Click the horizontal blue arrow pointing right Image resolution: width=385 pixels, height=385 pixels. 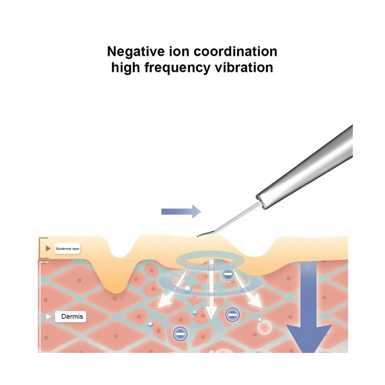click(x=181, y=211)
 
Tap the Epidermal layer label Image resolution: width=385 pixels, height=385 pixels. click(x=67, y=249)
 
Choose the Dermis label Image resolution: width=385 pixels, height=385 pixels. click(x=72, y=317)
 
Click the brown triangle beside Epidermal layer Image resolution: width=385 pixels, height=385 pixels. click(x=48, y=248)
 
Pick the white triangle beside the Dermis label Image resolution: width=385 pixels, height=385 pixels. click(x=48, y=317)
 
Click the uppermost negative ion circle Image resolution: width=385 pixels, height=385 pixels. click(x=227, y=275)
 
